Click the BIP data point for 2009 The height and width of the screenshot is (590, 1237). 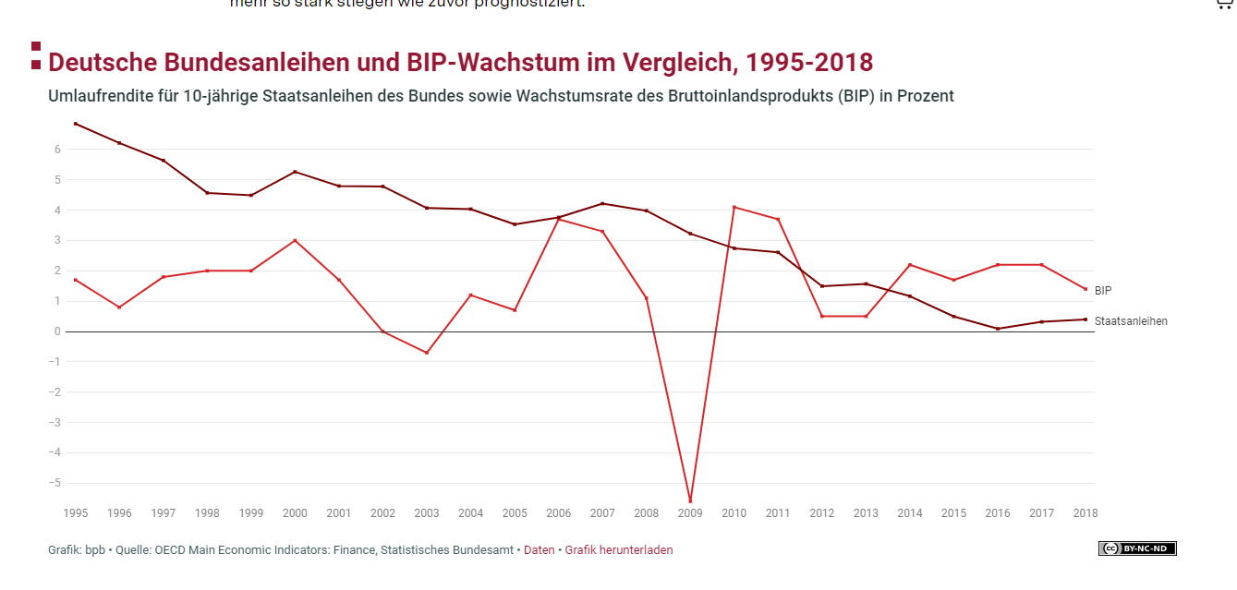tap(690, 501)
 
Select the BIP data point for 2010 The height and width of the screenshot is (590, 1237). tap(734, 207)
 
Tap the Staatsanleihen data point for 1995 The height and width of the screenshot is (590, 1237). tap(75, 124)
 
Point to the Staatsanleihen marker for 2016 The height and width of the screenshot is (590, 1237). tap(998, 329)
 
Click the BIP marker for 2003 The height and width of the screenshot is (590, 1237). tap(427, 353)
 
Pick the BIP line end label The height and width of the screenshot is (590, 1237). tap(1103, 290)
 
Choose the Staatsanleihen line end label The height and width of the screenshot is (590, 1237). tap(1131, 321)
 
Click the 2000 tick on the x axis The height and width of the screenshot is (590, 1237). tap(295, 513)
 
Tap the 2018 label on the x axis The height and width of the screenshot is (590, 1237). tap(1085, 513)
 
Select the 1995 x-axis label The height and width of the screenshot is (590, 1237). tap(75, 513)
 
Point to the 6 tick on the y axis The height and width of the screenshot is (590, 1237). tap(57, 150)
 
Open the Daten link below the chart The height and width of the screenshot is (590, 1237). tap(540, 550)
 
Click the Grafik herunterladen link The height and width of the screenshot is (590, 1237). tap(619, 550)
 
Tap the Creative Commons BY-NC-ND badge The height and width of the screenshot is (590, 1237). tap(1136, 548)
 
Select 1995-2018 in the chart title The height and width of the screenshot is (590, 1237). tap(809, 63)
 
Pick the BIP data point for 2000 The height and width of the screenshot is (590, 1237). tap(295, 240)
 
